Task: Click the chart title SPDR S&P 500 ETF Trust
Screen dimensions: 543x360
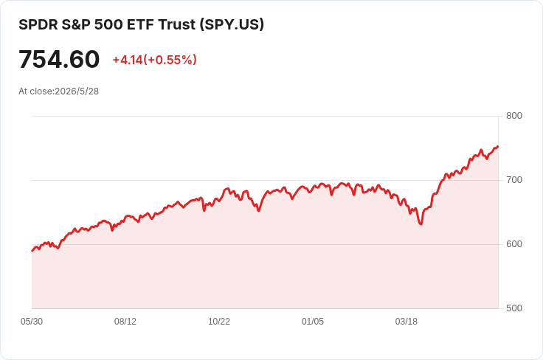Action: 107,24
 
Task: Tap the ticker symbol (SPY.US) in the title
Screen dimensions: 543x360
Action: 232,24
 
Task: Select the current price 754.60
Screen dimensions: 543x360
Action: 59,59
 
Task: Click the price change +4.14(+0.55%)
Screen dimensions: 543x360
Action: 154,60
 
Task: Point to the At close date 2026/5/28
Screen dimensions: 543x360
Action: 77,91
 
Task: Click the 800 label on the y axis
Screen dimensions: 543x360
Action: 514,116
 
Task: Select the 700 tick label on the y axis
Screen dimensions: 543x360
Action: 514,180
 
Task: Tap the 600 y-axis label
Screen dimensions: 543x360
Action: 514,244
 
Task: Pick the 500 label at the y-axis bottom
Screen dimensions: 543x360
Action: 514,308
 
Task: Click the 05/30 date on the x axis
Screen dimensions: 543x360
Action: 32,322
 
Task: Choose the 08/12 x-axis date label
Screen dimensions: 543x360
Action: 125,322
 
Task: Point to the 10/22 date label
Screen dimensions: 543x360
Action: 219,322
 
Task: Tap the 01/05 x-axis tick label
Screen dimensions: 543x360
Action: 313,322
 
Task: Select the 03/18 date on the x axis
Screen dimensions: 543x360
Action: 407,322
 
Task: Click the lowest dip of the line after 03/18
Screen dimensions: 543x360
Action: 421,224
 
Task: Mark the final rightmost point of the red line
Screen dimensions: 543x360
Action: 498,146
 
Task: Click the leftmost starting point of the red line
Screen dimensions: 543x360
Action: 32,251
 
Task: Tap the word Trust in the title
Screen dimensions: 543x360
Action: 177,24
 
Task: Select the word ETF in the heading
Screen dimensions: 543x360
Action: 141,24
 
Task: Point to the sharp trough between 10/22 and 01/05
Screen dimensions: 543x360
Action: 259,210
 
